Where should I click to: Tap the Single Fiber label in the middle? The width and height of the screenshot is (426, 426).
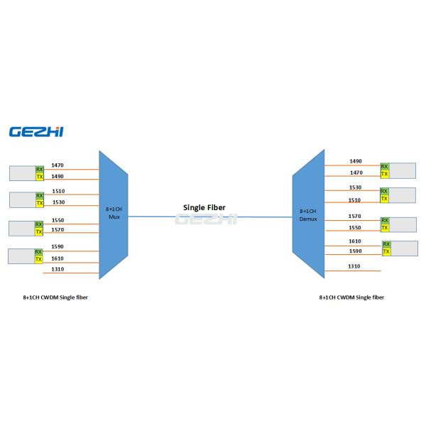tap(205, 207)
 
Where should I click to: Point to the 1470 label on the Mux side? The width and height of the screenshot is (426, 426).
tap(58, 165)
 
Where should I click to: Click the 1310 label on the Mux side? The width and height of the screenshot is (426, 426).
tap(58, 268)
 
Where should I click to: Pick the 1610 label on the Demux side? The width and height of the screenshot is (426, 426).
tap(355, 241)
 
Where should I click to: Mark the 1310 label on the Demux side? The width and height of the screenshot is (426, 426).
tap(355, 266)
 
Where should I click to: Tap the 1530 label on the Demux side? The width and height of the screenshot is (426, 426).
tap(355, 187)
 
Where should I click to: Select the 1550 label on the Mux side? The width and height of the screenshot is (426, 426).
tap(58, 220)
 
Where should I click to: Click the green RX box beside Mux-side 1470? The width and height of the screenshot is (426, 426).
tap(40, 169)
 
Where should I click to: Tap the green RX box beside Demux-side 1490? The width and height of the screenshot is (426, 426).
tap(385, 166)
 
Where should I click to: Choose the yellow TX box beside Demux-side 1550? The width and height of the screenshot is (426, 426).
tap(385, 229)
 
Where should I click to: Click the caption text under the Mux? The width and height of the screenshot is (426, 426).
tap(55, 297)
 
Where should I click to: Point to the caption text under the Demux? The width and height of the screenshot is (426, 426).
tap(351, 297)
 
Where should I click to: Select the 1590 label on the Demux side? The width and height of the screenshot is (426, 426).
tap(355, 252)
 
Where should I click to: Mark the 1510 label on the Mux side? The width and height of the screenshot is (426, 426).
tap(58, 192)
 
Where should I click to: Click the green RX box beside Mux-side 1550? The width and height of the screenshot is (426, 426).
tap(40, 224)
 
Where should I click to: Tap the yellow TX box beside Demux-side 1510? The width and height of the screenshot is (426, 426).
tap(385, 200)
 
